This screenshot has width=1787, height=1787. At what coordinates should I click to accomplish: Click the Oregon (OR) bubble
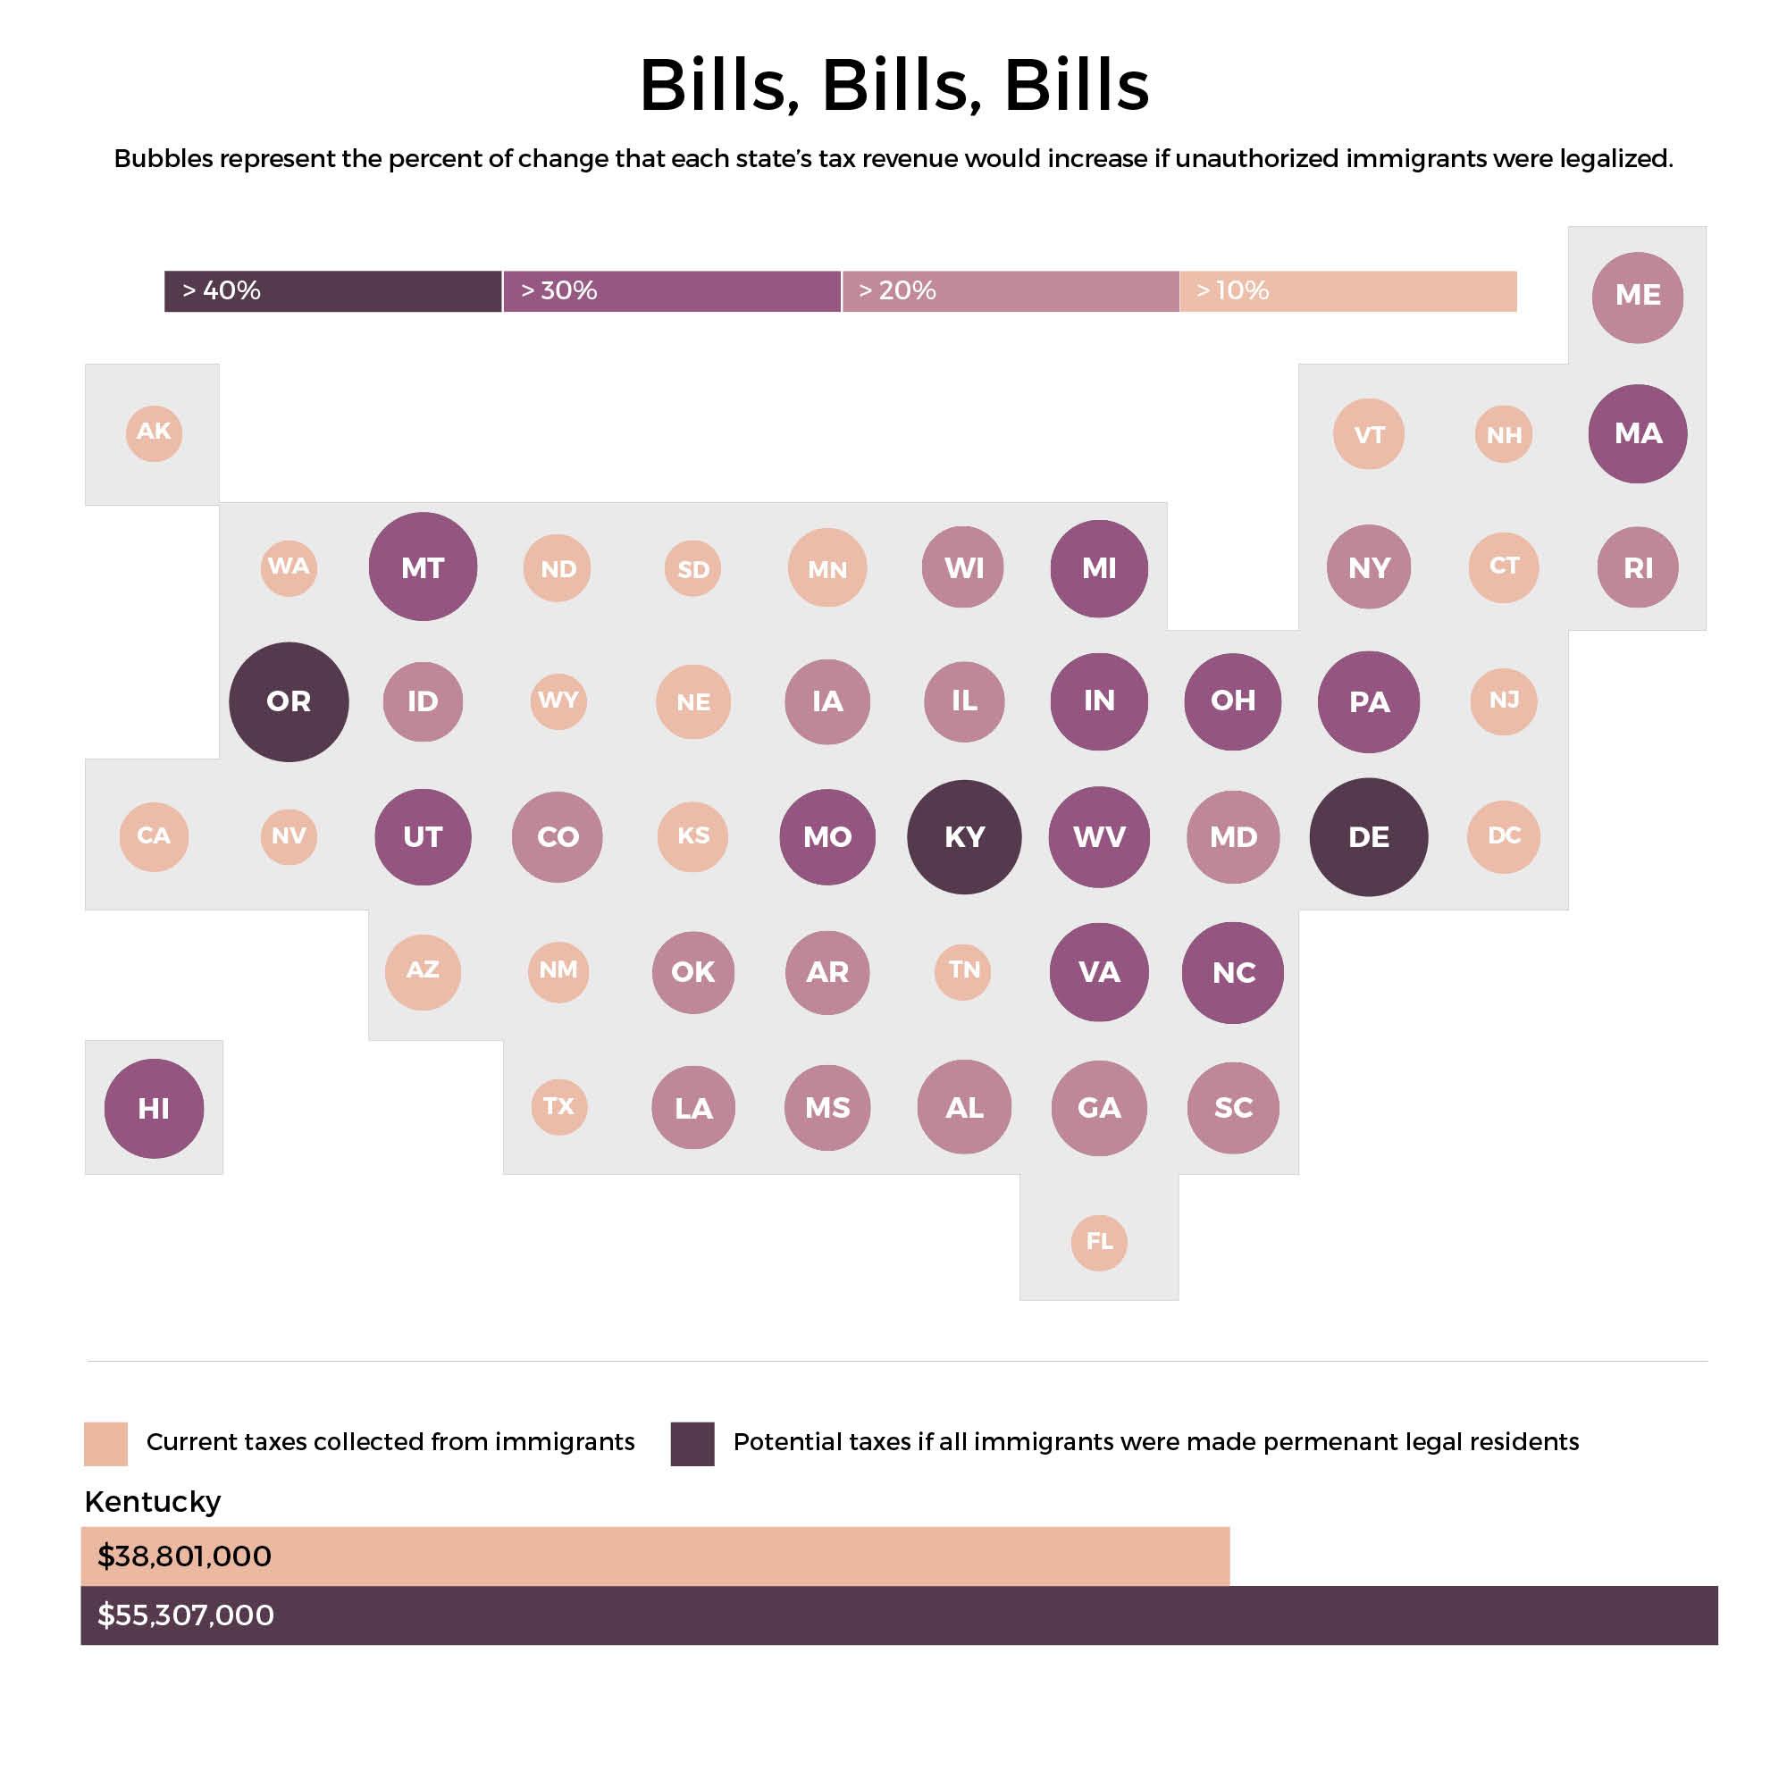click(x=289, y=702)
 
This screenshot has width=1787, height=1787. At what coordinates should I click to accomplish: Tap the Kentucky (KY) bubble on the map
click(x=964, y=837)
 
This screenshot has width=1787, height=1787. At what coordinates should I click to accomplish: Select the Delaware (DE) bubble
click(x=1368, y=837)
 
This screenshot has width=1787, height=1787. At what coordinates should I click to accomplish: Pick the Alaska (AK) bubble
click(x=154, y=432)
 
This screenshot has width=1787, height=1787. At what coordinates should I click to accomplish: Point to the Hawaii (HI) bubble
click(x=154, y=1108)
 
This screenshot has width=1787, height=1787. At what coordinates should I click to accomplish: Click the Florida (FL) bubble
click(x=1099, y=1242)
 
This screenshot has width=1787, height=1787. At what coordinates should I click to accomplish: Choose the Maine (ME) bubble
click(x=1637, y=297)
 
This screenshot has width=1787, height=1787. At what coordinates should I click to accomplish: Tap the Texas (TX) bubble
click(x=558, y=1107)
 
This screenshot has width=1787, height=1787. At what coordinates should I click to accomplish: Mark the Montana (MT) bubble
click(x=423, y=567)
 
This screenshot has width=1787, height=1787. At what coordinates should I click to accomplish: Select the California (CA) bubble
click(x=154, y=836)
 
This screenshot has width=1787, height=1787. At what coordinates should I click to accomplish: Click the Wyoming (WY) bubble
click(x=558, y=701)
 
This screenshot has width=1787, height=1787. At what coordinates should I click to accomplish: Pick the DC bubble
click(x=1503, y=836)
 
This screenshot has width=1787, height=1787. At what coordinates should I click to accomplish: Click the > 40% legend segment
click(x=333, y=291)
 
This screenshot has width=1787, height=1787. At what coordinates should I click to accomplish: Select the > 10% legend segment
click(x=1347, y=291)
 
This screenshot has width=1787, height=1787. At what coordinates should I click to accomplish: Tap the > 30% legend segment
click(x=672, y=291)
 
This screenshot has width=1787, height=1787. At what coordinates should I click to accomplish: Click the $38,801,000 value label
click(x=185, y=1556)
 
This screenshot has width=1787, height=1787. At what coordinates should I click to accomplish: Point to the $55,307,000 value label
click(x=186, y=1615)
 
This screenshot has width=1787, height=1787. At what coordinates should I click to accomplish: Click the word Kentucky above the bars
click(x=153, y=1501)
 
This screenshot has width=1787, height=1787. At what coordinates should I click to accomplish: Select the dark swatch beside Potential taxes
click(x=692, y=1444)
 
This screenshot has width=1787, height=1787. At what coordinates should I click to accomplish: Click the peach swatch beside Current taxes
click(x=105, y=1444)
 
